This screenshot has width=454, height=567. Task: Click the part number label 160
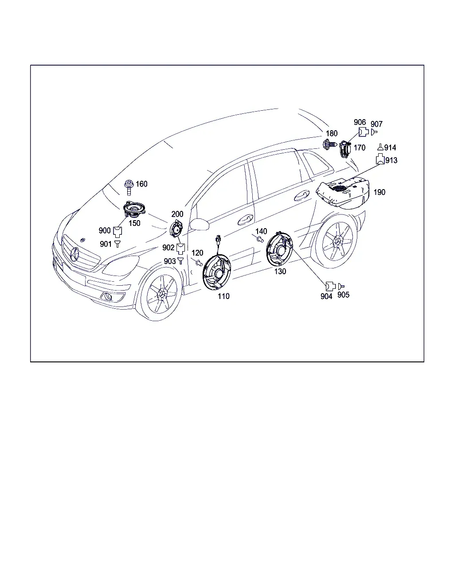141,184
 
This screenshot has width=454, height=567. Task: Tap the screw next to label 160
129,187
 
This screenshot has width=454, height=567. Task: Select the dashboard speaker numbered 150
134,209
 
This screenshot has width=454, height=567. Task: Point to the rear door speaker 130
279,249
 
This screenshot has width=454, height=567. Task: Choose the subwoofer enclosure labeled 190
343,194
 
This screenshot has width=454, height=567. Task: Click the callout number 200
177,214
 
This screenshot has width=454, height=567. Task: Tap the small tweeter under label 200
176,229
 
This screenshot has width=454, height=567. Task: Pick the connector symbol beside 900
117,232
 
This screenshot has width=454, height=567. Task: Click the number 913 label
391,160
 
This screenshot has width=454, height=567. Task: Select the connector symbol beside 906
364,132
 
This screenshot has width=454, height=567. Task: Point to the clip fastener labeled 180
330,145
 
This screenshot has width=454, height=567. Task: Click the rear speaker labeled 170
345,149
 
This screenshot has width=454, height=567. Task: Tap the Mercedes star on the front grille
74,255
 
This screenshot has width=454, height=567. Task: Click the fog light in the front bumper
108,297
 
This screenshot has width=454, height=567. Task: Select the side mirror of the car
200,224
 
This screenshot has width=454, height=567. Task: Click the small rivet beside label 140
260,239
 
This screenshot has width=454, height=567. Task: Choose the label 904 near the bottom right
326,296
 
